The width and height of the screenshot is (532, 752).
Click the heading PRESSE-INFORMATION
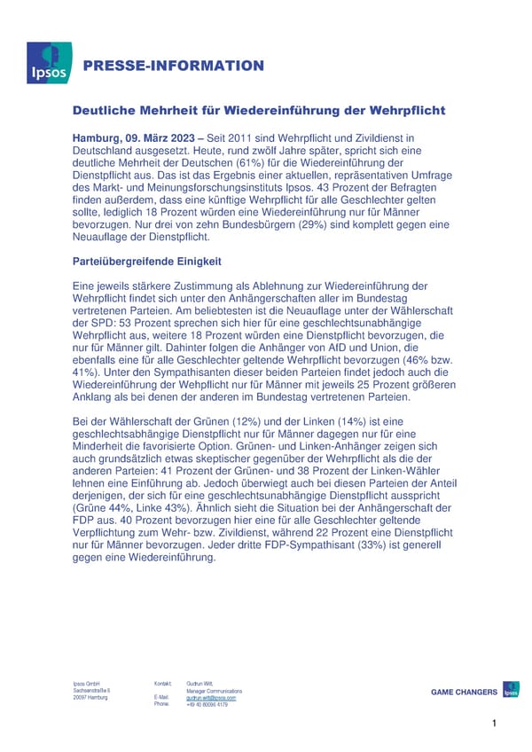174,66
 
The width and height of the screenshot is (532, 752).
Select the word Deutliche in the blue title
107,111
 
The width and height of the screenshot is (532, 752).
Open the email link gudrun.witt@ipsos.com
212,698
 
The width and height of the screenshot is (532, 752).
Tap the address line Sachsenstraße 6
90,691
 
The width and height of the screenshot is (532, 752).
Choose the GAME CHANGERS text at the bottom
464,692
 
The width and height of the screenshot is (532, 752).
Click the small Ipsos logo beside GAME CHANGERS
511,690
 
